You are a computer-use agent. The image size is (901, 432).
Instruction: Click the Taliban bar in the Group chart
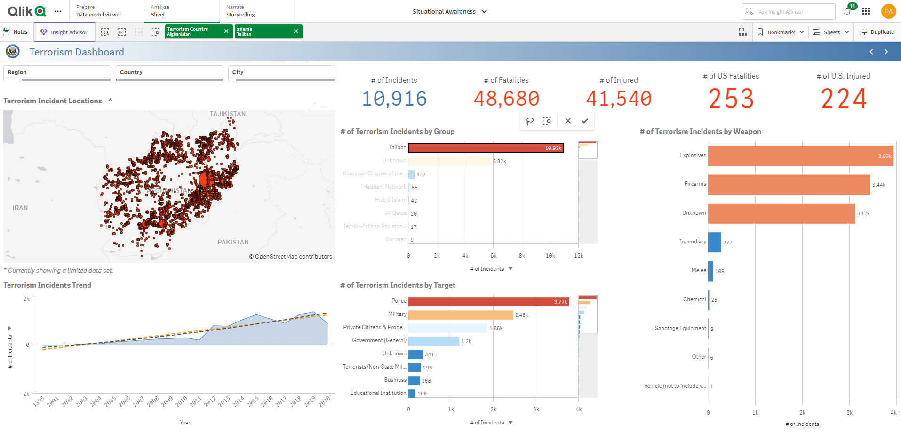click(x=486, y=148)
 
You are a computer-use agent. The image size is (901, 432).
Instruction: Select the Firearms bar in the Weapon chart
click(x=789, y=185)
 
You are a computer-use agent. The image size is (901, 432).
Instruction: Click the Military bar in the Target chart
click(x=460, y=314)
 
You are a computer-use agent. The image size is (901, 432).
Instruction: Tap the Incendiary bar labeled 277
click(x=714, y=242)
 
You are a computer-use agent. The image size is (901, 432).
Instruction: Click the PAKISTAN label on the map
click(x=233, y=242)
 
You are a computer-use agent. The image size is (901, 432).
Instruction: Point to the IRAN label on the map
click(x=20, y=208)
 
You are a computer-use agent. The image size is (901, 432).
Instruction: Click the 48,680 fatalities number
click(x=506, y=99)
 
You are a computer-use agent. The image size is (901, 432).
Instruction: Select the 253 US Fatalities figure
click(x=731, y=99)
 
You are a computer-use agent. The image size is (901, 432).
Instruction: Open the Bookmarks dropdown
click(x=781, y=32)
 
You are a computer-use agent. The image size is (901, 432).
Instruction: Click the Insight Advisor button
click(x=64, y=32)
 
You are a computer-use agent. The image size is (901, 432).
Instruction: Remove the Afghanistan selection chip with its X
click(x=226, y=31)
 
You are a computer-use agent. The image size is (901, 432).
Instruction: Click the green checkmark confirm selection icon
click(x=585, y=121)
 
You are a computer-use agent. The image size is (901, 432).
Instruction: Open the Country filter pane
click(x=169, y=72)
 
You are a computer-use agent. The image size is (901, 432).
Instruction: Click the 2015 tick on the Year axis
click(x=253, y=401)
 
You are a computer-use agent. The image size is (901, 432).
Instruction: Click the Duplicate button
click(x=877, y=32)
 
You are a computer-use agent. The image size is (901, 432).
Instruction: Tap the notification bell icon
click(x=847, y=12)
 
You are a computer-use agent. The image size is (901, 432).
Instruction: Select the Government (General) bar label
click(x=379, y=340)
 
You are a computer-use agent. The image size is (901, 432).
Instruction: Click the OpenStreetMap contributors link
click(x=293, y=257)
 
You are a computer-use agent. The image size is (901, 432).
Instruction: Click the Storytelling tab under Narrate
click(x=240, y=15)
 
